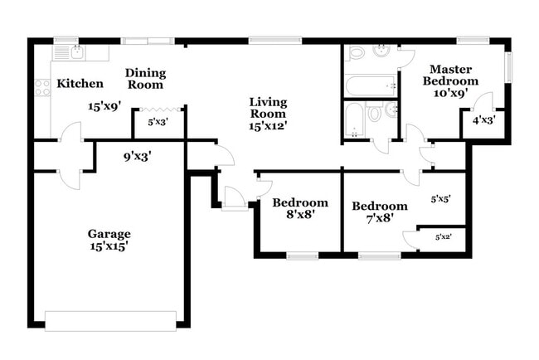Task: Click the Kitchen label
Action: (80, 84)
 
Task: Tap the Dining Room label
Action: (145, 79)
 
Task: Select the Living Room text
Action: (268, 108)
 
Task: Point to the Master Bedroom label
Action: (450, 75)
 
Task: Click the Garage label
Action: (109, 234)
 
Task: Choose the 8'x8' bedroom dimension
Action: (300, 216)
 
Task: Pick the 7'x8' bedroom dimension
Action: (379, 220)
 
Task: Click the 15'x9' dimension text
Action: (106, 106)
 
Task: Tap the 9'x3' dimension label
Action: (137, 153)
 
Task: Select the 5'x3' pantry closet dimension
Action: (158, 122)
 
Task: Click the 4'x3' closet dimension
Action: (484, 120)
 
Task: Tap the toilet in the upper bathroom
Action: (357, 52)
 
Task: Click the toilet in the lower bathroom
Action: (373, 112)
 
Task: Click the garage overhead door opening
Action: (110, 320)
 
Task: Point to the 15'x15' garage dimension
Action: (109, 246)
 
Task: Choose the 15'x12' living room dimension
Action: (268, 126)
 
